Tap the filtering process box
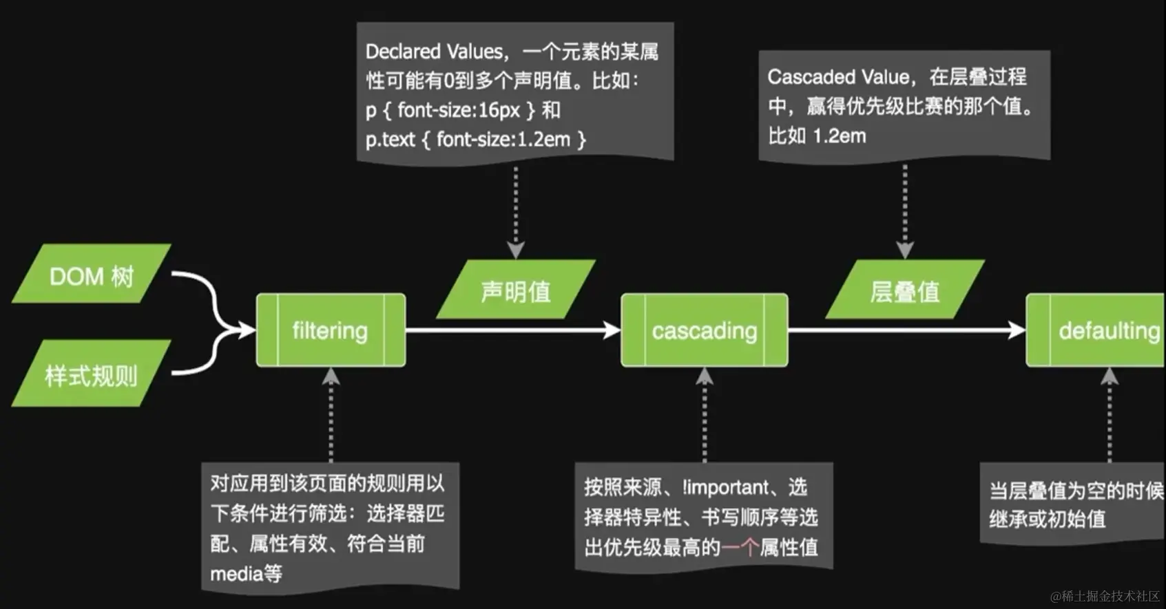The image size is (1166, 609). pyautogui.click(x=331, y=330)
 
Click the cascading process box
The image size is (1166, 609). pyautogui.click(x=704, y=330)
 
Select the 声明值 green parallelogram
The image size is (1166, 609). pyautogui.click(x=516, y=290)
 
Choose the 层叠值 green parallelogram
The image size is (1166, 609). pyautogui.click(x=904, y=290)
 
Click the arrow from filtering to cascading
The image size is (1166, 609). pyautogui.click(x=513, y=330)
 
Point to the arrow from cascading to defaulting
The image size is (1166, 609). pyautogui.click(x=906, y=330)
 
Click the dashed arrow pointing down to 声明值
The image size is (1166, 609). pyautogui.click(x=516, y=210)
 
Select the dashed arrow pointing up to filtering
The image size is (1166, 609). pyautogui.click(x=331, y=416)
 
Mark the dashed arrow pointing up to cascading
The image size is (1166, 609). pyautogui.click(x=704, y=416)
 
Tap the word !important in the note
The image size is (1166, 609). pyautogui.click(x=725, y=487)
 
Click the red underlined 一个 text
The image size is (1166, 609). pyautogui.click(x=740, y=548)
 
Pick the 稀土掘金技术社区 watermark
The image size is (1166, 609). pyautogui.click(x=1105, y=596)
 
